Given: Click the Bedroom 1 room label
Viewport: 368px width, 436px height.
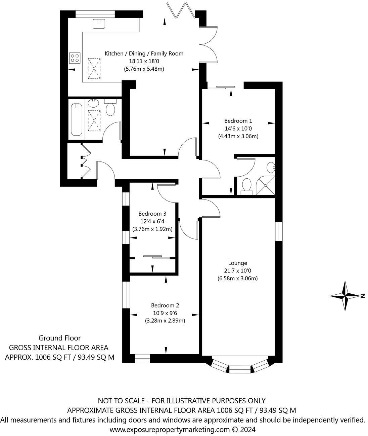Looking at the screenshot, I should (x=238, y=121).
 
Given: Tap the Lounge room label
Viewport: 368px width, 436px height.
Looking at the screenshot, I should (x=237, y=263).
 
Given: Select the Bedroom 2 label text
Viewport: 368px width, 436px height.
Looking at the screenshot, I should (x=165, y=305).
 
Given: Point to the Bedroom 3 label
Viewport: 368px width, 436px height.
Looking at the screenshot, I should (x=152, y=214).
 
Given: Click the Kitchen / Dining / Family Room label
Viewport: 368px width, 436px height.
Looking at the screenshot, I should (x=144, y=53).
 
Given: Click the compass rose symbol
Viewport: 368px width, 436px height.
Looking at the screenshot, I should (x=346, y=296).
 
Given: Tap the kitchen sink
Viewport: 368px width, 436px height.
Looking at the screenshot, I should (x=99, y=24).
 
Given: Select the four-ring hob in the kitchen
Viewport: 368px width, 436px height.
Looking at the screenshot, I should (x=75, y=58).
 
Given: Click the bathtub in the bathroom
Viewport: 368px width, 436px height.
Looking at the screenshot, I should (x=77, y=119).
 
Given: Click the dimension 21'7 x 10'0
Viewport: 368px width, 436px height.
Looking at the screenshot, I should (x=237, y=271).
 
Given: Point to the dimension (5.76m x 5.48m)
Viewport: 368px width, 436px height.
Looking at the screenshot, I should (x=144, y=69).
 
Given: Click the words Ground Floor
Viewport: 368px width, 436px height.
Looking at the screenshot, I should (x=60, y=338).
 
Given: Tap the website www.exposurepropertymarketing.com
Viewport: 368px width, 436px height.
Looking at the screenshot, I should (x=170, y=430).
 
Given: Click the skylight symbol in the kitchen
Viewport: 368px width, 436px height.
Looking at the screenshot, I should (x=94, y=68).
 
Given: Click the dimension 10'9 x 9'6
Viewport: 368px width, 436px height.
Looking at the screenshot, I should (x=165, y=313).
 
